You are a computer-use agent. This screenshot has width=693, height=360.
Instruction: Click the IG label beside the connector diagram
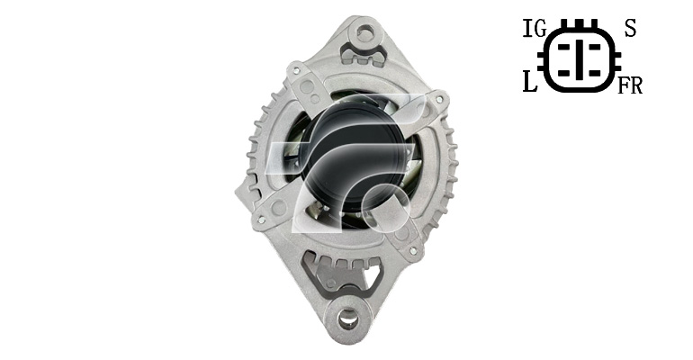[x=535, y=29]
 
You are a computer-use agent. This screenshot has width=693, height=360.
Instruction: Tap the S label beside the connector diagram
[x=630, y=29]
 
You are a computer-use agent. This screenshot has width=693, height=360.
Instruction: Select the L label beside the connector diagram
[x=530, y=82]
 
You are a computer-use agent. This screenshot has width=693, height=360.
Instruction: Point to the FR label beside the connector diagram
[x=630, y=85]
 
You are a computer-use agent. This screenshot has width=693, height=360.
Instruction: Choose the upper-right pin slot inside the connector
[x=593, y=46]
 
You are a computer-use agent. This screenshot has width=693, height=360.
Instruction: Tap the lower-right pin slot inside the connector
[x=593, y=72]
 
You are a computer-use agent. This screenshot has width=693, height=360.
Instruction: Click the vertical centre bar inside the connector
[x=579, y=59]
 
